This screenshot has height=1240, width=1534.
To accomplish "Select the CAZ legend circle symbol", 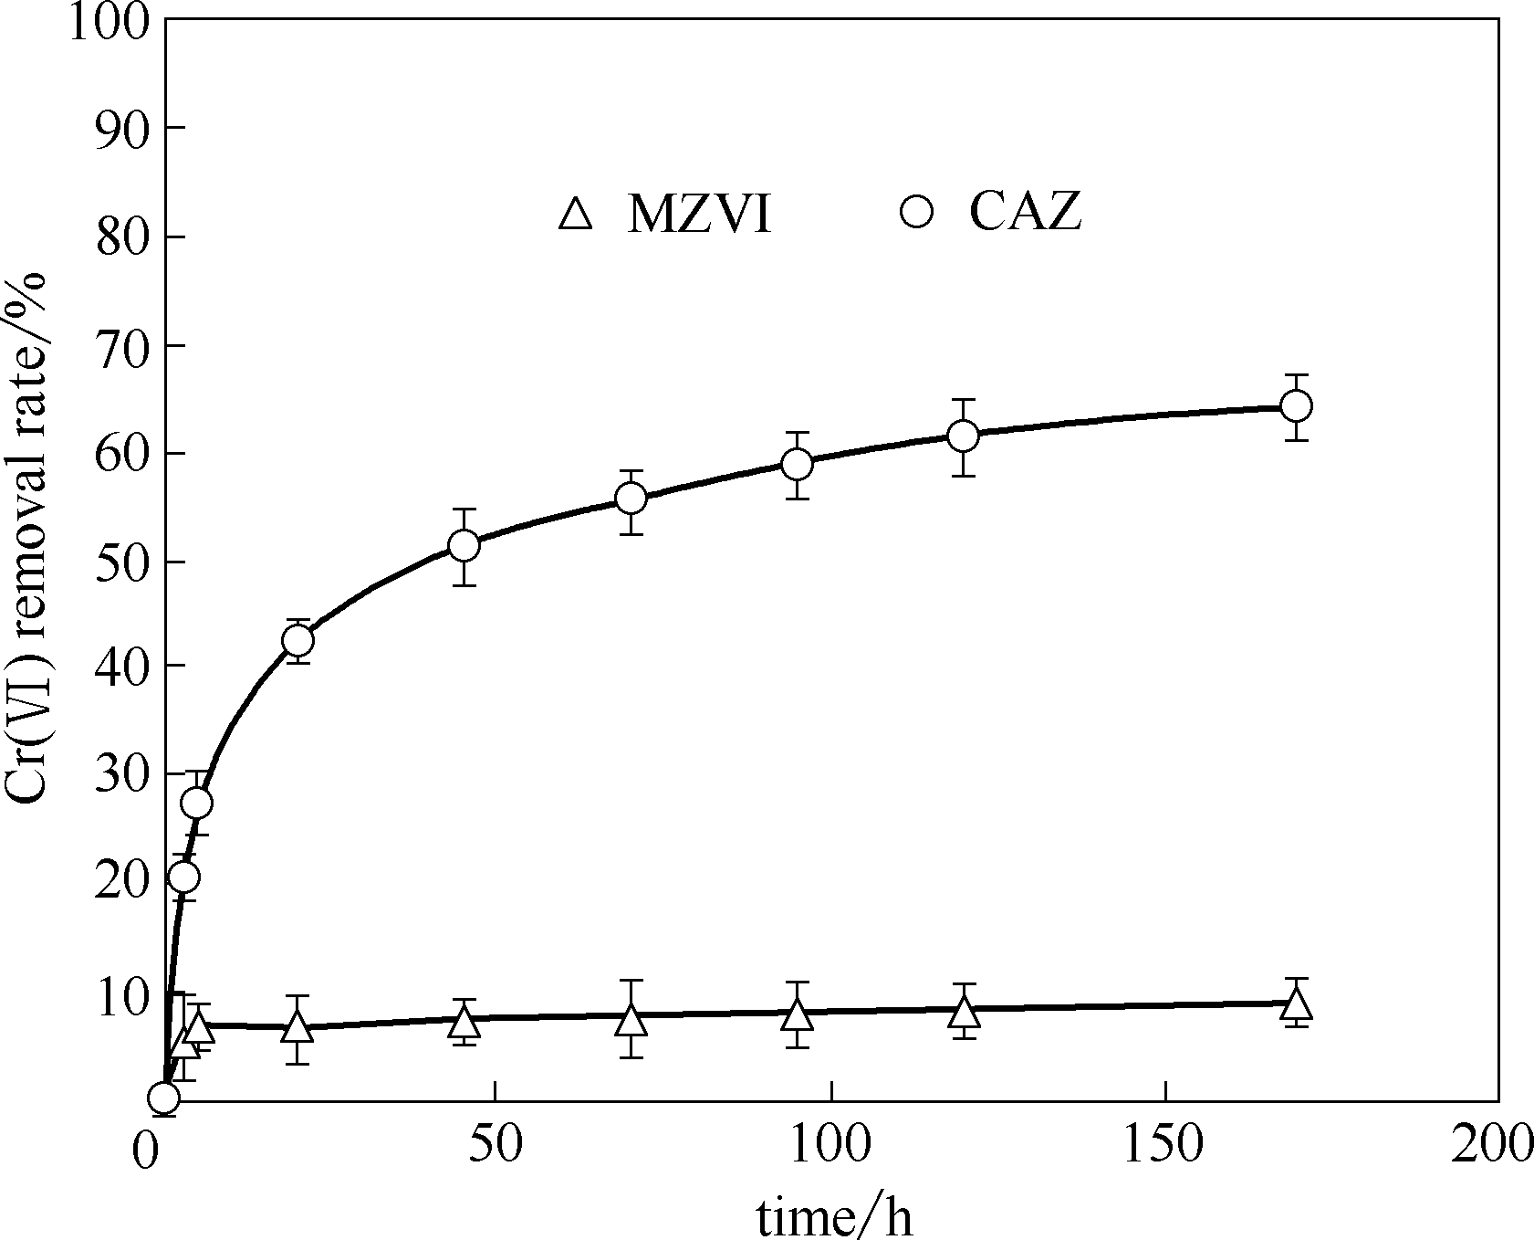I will [x=915, y=213].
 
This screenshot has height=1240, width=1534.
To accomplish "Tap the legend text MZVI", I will [x=699, y=215].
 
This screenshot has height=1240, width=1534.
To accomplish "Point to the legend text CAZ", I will [x=1025, y=214].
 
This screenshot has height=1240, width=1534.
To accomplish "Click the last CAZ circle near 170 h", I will [x=1296, y=405].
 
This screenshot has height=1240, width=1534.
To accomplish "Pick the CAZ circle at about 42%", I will [x=297, y=640].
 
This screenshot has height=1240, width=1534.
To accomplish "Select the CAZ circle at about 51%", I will [x=464, y=545].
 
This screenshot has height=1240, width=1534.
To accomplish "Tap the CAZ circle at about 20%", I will [x=183, y=877].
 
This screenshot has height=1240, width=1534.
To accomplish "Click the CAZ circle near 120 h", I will [x=963, y=435].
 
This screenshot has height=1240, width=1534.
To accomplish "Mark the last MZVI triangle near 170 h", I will [x=1296, y=1004].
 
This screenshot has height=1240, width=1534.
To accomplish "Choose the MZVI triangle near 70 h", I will [x=631, y=1019].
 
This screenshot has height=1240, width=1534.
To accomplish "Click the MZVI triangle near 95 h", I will [x=797, y=1014].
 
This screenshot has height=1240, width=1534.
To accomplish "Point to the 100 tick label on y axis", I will [x=107, y=22].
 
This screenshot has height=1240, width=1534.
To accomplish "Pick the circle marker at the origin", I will [x=163, y=1098].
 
